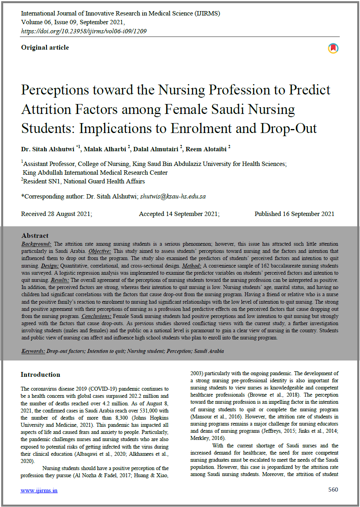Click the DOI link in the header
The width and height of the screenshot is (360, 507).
[x=84, y=31]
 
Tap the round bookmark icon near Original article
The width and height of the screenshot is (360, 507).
[x=333, y=48]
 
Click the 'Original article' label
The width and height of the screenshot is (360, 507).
[x=45, y=48]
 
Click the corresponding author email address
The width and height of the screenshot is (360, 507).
[x=173, y=196]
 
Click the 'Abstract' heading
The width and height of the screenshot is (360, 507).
[x=35, y=235]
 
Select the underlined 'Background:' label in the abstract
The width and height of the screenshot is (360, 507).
[x=36, y=244]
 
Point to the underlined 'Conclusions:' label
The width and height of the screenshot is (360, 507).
[x=96, y=316]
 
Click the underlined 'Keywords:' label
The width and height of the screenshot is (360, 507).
[x=33, y=351]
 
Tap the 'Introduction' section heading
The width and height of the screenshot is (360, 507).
[x=41, y=374]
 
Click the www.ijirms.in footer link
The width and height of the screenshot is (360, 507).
[x=39, y=490]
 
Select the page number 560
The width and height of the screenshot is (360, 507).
[x=333, y=490]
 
